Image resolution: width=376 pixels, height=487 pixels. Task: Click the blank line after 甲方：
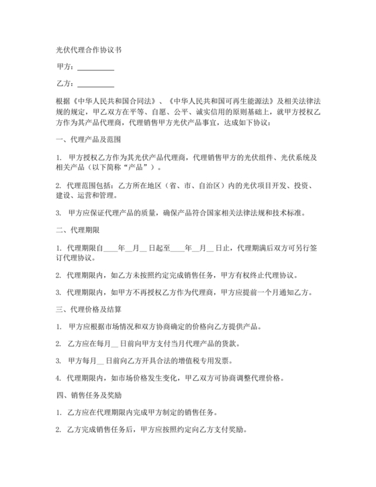[x=96, y=67]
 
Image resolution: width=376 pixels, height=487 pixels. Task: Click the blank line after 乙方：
[x=96, y=84]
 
